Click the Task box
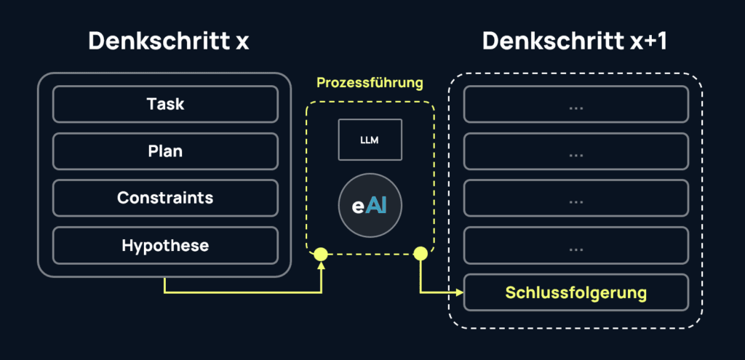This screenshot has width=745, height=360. pos(165,104)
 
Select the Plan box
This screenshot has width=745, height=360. pos(165,151)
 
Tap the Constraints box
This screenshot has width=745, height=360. pos(165,198)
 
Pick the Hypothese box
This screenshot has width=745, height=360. pos(165,245)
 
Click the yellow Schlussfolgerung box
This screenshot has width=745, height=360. pos(576,292)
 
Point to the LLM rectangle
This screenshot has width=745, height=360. pos(370,139)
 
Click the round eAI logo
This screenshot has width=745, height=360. pos(370,205)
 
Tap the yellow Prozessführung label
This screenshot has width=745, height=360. pos(370,83)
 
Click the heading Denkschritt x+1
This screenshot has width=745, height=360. pos(575,41)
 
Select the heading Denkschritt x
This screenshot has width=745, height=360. pos(169,41)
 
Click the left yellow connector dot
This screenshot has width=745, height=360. pos(321,254)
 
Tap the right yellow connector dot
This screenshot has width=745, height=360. pos(420,254)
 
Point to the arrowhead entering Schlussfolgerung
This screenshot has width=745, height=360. pos(459,292)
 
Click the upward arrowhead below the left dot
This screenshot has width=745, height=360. pos(321,267)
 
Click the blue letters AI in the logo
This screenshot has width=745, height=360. pos(377,205)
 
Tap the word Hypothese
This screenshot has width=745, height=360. pos(165,245)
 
